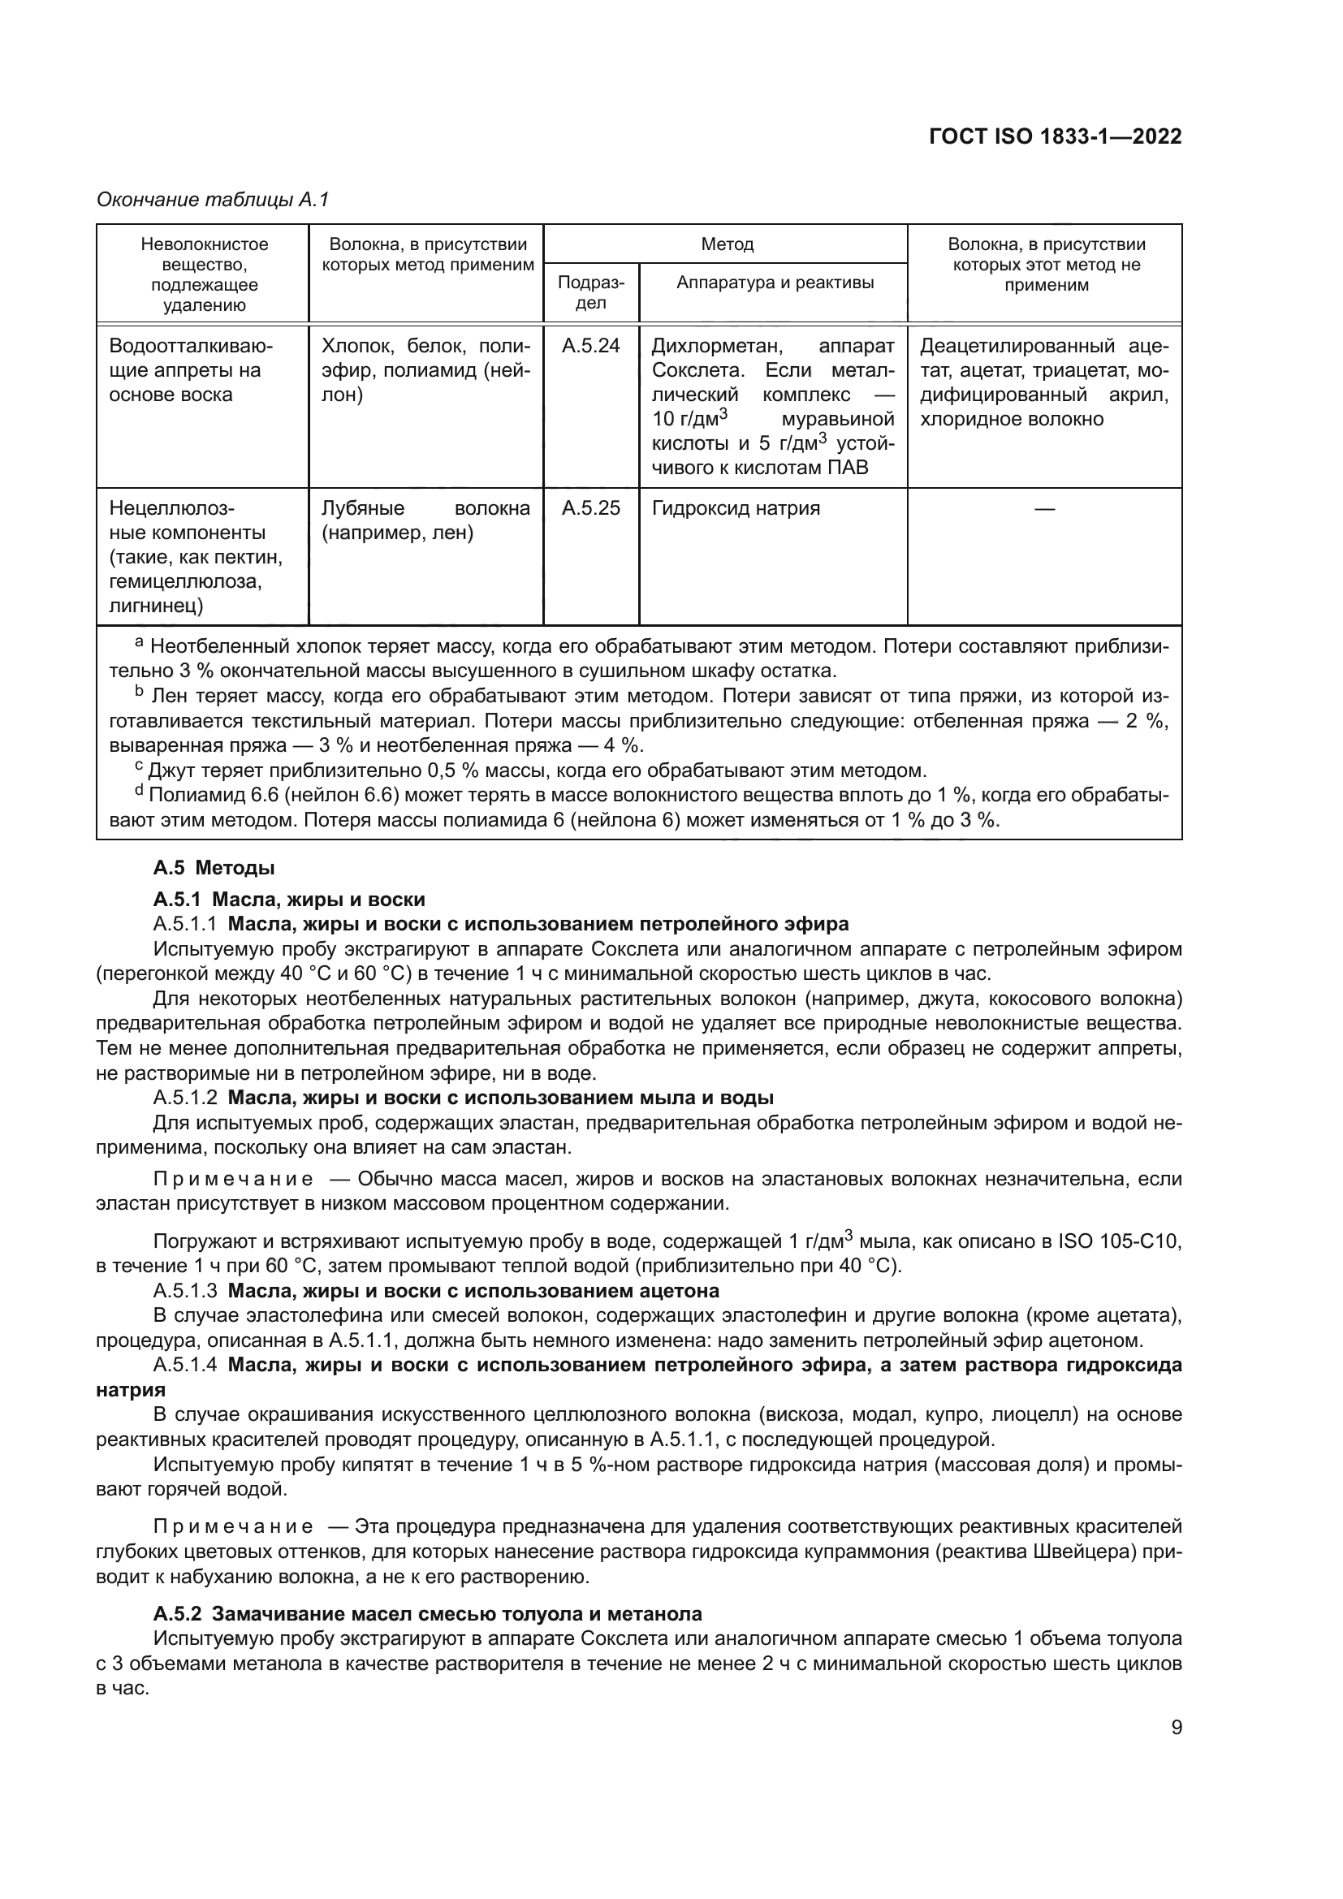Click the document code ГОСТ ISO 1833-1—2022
pos(1055,136)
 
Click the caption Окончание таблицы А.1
pos(213,200)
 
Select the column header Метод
pos(726,244)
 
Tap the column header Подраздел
pos(590,292)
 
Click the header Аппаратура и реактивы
pos(774,283)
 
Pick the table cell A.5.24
pos(590,346)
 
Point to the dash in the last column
pos(1044,509)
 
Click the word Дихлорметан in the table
pos(713,346)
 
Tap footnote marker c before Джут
pos(139,767)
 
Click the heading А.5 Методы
pos(214,868)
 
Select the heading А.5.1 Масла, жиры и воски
pos(288,899)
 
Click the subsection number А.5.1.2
pos(185,1098)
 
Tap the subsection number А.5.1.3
pos(185,1290)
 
